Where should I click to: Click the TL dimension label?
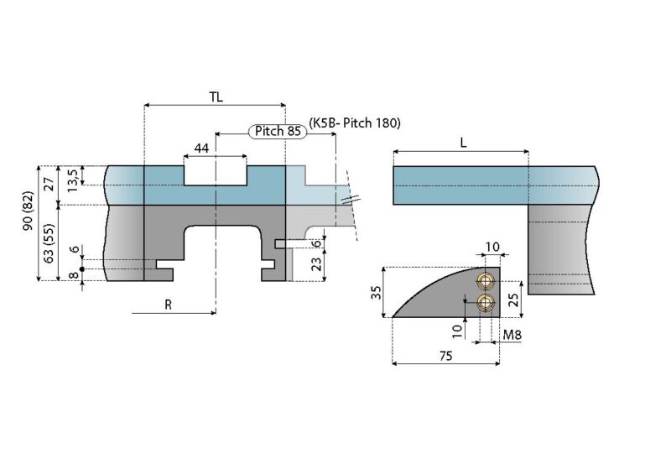(216, 96)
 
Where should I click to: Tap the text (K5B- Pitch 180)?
(355, 123)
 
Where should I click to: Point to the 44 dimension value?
(201, 148)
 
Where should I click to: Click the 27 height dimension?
(49, 184)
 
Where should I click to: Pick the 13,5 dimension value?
(72, 178)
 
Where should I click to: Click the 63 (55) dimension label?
(49, 243)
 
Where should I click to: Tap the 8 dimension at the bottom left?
(72, 275)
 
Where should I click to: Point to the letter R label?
(168, 305)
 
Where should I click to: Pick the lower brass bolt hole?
(484, 303)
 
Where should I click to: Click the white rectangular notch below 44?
(216, 174)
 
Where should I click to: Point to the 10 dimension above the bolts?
(493, 247)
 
